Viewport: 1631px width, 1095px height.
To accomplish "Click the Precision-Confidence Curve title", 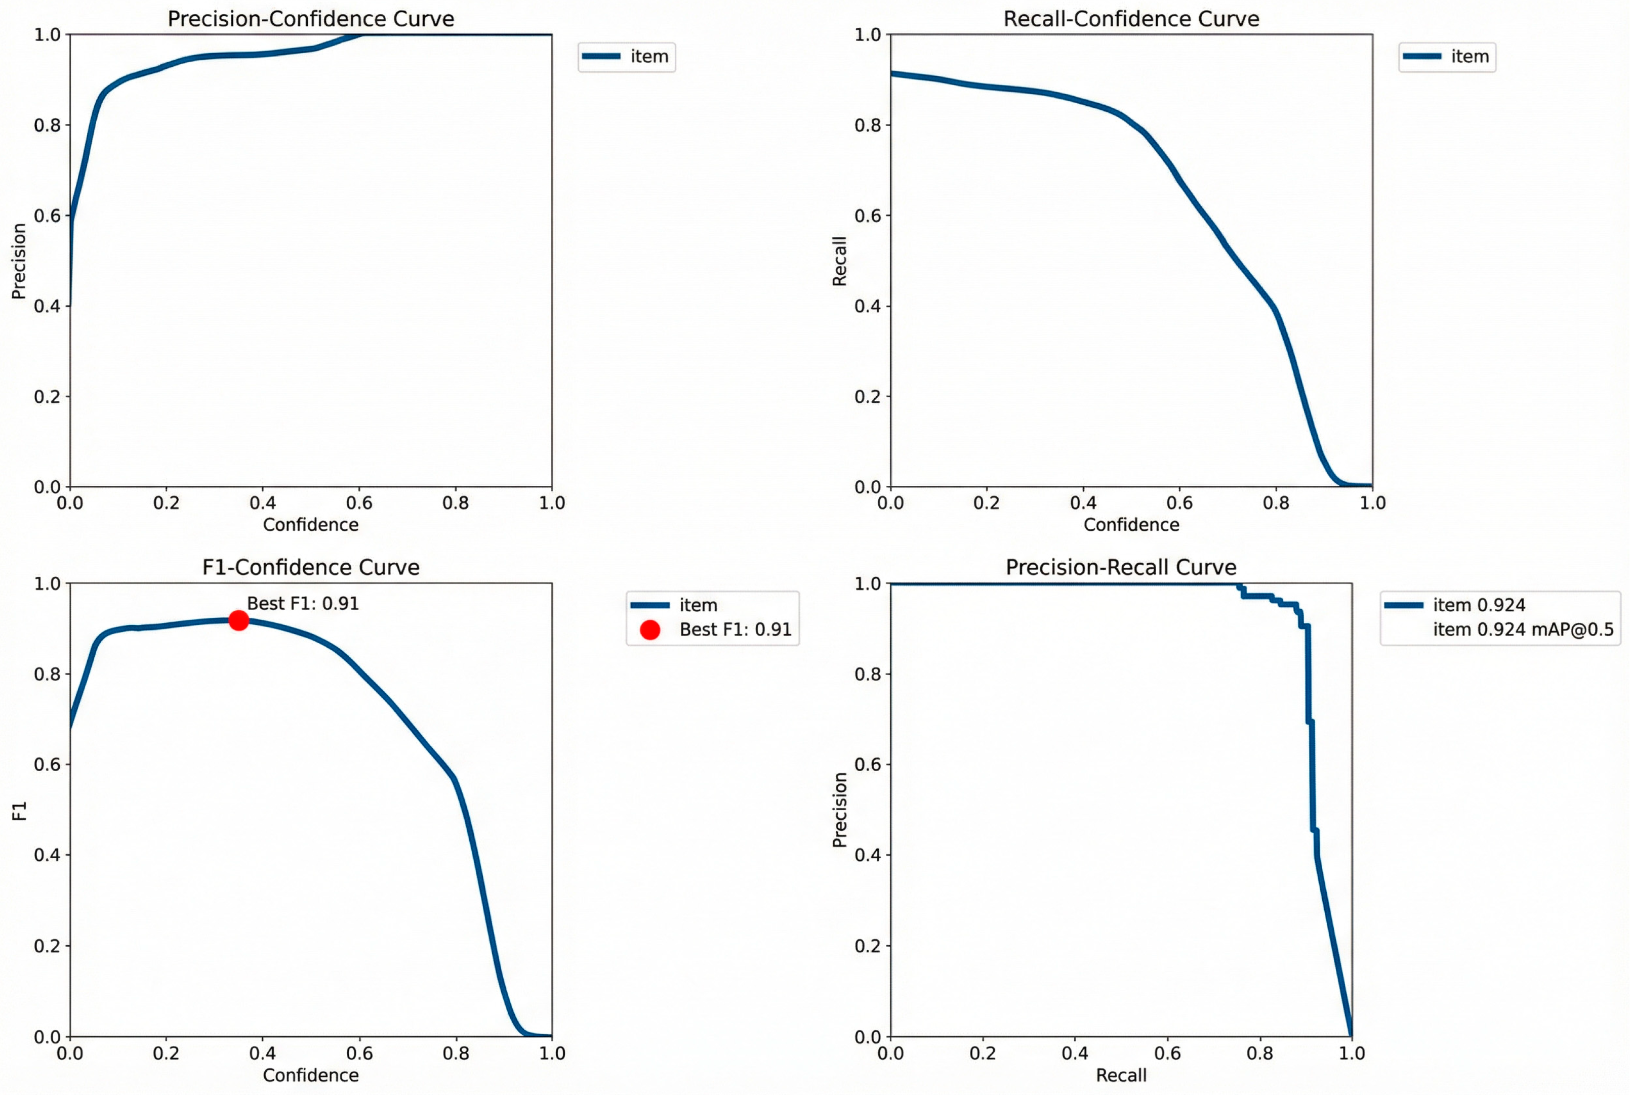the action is pos(311,19).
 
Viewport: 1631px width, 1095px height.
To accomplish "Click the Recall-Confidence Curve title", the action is pos(1131,19).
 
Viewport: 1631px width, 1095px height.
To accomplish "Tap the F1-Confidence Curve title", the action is pos(311,567).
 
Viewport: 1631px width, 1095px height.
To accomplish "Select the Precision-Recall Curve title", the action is pos(1121,567).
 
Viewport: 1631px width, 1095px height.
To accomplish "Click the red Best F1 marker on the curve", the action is pos(238,620).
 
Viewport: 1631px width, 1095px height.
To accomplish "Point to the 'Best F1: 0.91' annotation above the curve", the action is pos(303,603).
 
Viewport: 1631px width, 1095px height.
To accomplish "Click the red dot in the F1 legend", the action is pos(649,630).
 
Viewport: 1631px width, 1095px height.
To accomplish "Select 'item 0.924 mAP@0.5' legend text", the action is pos(1523,630).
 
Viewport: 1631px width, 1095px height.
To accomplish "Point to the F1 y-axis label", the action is pos(19,811).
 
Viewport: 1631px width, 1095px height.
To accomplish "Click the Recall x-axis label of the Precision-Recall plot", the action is pos(1121,1075).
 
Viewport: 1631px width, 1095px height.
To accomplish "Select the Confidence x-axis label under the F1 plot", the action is pos(311,1075).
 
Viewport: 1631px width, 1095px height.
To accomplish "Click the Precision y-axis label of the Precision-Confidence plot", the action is pos(19,261).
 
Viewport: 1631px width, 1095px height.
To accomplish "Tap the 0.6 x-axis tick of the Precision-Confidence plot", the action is pos(359,503).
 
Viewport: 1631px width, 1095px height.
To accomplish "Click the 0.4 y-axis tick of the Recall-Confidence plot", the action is pos(868,306).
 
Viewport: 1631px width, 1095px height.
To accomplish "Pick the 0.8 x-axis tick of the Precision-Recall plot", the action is pos(1259,1053).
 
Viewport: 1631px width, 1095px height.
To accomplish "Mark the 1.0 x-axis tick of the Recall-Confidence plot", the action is pos(1372,503).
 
